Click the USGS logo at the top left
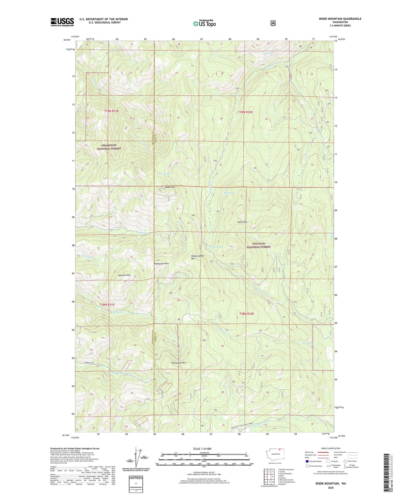62,22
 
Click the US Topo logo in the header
204,23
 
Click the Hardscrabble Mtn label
197,257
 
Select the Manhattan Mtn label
161,263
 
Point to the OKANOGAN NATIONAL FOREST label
108,147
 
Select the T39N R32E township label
245,112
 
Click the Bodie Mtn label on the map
170,187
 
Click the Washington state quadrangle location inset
275,454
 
